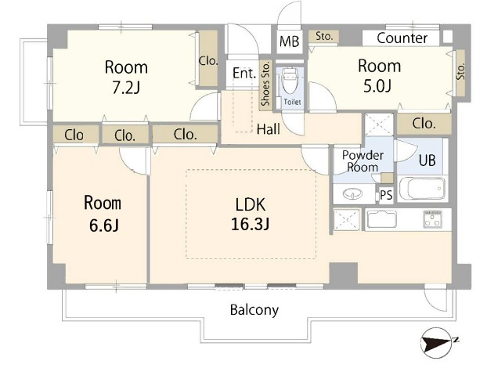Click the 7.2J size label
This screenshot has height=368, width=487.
(126, 88)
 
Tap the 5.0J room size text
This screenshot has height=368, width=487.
(377, 86)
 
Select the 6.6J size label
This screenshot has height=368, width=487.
(104, 225)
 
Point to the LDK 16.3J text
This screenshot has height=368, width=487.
(250, 214)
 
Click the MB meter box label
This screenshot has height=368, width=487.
(289, 41)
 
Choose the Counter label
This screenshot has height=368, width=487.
(402, 38)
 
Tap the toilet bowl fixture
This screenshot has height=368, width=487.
(290, 81)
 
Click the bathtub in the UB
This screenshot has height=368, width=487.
(422, 189)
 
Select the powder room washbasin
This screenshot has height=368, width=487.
(352, 194)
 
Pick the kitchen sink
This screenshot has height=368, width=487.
(382, 219)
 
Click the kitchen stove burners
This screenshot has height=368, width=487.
(432, 219)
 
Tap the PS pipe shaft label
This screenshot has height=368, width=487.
(386, 195)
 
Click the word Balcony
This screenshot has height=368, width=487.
(254, 309)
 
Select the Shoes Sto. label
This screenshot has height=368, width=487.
(265, 84)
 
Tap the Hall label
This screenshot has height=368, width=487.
(269, 129)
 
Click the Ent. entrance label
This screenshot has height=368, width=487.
(244, 74)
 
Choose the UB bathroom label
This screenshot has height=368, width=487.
(427, 161)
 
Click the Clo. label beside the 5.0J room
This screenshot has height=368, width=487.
(424, 124)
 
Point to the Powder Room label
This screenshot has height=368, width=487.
(363, 161)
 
